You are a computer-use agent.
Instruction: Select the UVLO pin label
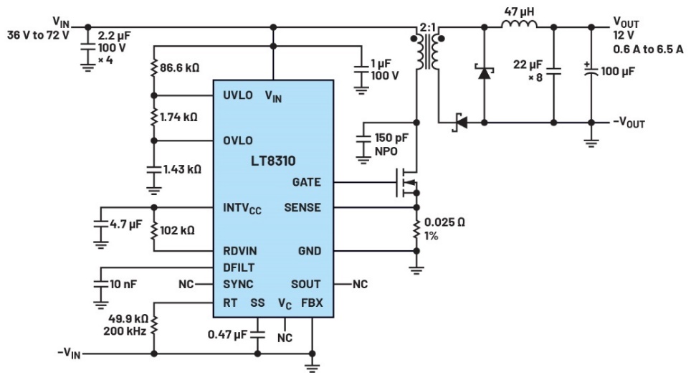click(x=237, y=95)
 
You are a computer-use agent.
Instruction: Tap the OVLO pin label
click(x=237, y=141)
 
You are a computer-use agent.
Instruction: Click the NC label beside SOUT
click(x=359, y=284)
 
